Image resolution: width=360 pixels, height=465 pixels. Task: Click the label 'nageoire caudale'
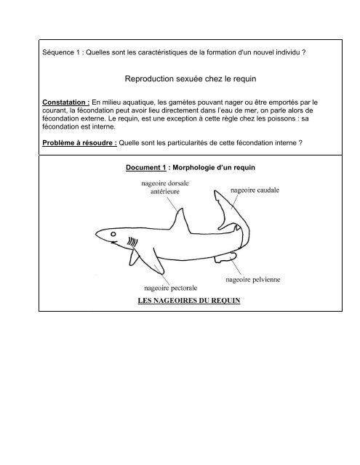click(x=258, y=190)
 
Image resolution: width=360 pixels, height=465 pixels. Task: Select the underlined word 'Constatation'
click(x=64, y=101)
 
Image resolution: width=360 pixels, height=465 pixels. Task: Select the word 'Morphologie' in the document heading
click(x=193, y=168)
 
